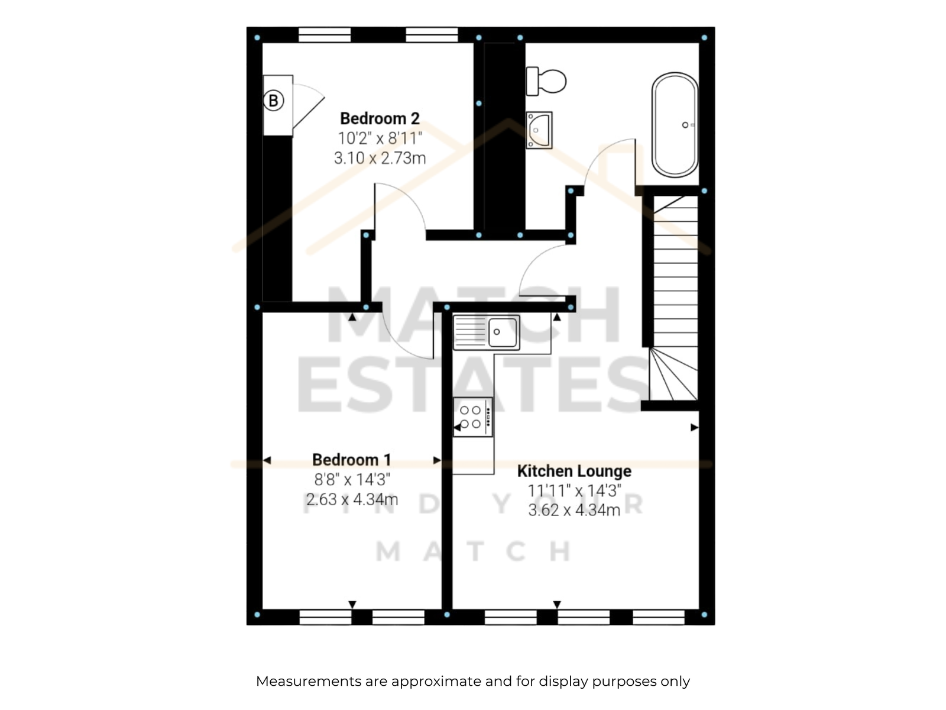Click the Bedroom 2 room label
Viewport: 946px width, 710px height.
click(379, 118)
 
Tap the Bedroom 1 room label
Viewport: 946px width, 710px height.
click(352, 460)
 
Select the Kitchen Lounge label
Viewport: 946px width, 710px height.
click(574, 471)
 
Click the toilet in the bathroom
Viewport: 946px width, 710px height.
click(546, 81)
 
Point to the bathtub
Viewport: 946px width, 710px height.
click(675, 125)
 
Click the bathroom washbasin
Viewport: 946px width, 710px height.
click(539, 130)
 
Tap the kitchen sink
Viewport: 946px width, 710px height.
click(486, 332)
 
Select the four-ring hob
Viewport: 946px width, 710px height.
click(472, 417)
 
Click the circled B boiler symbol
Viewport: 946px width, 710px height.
click(273, 101)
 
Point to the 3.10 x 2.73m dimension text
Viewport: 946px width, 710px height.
click(380, 158)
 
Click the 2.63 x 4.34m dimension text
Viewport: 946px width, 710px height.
click(352, 499)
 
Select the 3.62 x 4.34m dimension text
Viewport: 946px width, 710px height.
click(574, 511)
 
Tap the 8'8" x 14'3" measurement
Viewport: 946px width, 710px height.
click(352, 479)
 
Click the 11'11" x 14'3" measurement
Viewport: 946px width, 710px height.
click(574, 490)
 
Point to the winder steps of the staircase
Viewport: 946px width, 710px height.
click(673, 374)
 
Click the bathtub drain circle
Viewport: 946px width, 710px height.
click(685, 125)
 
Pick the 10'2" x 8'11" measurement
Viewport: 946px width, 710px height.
click(380, 138)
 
